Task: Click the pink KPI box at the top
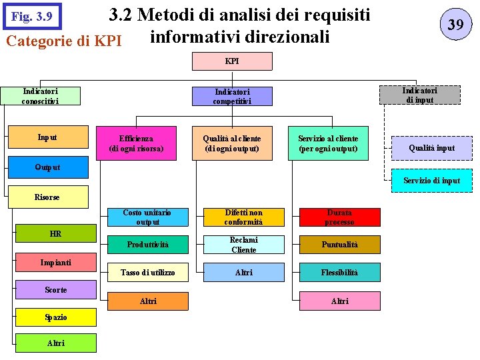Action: click(232, 61)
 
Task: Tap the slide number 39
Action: click(455, 25)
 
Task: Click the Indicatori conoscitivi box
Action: click(40, 96)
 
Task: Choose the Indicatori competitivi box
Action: click(232, 97)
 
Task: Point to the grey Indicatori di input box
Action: click(419, 95)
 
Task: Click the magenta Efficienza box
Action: click(136, 143)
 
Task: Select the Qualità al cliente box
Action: click(232, 143)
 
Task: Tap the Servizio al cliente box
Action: click(328, 143)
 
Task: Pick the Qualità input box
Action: click(431, 148)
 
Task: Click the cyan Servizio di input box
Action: click(431, 181)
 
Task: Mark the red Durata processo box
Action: click(339, 217)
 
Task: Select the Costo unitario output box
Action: click(147, 217)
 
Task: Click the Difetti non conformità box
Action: click(243, 217)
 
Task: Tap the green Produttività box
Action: click(147, 245)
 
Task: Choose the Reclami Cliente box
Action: click(243, 245)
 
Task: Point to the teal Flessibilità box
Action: click(339, 272)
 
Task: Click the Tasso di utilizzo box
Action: click(147, 272)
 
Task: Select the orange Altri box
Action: click(147, 301)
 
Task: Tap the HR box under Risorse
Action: click(55, 234)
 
